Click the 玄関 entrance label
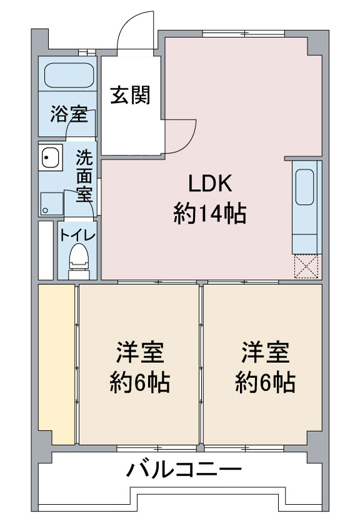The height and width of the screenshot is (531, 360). (131, 95)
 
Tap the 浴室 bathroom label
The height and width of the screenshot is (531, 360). (69, 114)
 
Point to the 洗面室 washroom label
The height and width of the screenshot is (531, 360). (84, 176)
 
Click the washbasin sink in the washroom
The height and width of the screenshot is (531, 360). (51, 157)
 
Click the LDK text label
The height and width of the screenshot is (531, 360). (210, 184)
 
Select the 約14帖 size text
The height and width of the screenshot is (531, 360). (210, 214)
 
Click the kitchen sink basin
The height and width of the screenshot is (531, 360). (304, 187)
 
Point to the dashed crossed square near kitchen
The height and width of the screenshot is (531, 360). (306, 267)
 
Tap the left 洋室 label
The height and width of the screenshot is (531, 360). (140, 352)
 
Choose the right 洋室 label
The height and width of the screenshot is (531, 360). (266, 352)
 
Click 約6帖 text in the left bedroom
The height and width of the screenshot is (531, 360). (140, 383)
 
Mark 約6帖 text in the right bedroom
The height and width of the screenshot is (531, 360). (266, 383)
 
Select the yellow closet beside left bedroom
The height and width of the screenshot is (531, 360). (56, 364)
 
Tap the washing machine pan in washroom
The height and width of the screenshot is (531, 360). (52, 204)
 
